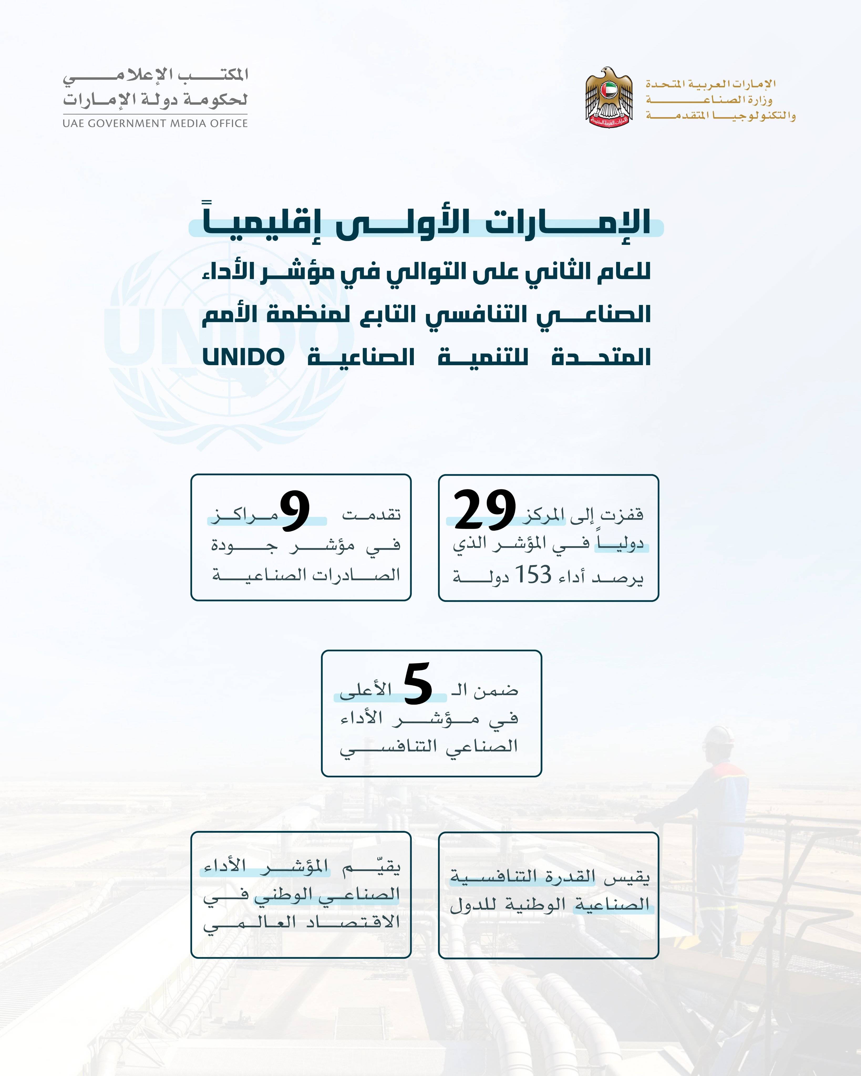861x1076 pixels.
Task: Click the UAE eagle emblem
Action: (x=609, y=97)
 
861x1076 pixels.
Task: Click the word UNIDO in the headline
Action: (x=244, y=357)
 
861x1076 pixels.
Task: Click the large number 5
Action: (x=417, y=684)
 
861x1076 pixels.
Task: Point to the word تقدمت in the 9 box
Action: (x=371, y=514)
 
